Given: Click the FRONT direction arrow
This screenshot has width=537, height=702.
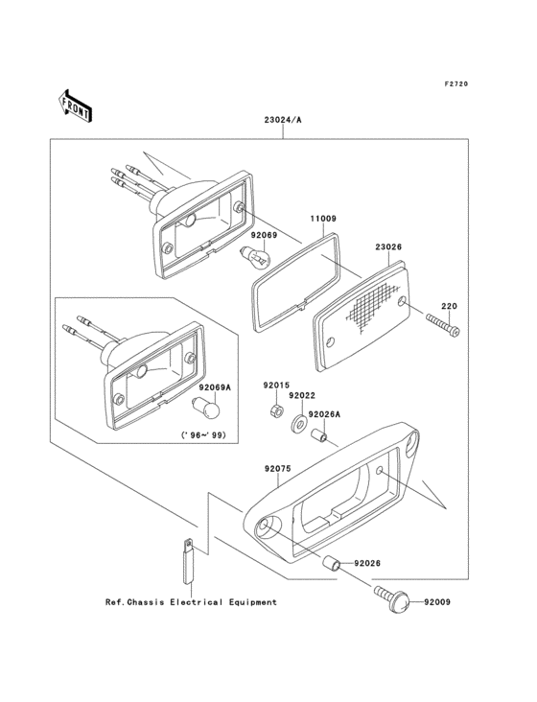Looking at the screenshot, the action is [x=75, y=105].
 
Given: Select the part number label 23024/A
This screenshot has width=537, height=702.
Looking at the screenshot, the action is [x=282, y=120].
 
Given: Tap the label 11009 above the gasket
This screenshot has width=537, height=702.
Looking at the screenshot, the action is [x=323, y=219].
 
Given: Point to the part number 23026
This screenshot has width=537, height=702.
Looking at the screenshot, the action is [x=388, y=246].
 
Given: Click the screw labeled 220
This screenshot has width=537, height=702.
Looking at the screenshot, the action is [x=443, y=324].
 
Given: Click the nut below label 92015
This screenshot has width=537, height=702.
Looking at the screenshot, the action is [x=276, y=409].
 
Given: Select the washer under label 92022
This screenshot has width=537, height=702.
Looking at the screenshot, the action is [x=298, y=423].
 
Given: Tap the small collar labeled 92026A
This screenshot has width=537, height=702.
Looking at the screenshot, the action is [x=319, y=435].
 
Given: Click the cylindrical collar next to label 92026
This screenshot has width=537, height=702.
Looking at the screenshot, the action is [x=331, y=563].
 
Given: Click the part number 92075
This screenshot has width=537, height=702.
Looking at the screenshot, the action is [x=277, y=469].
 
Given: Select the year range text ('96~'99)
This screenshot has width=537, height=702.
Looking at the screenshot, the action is [x=203, y=434].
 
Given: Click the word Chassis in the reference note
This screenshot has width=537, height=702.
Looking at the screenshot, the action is [x=146, y=602].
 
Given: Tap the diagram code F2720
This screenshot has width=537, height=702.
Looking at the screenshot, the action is [x=456, y=83].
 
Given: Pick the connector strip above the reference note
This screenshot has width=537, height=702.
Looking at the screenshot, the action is [x=188, y=560].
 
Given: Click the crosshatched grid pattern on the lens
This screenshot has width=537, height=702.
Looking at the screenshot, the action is [x=372, y=306].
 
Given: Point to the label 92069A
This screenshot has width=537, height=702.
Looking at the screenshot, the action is [x=215, y=387].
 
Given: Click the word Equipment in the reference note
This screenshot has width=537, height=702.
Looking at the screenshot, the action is [x=253, y=602].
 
